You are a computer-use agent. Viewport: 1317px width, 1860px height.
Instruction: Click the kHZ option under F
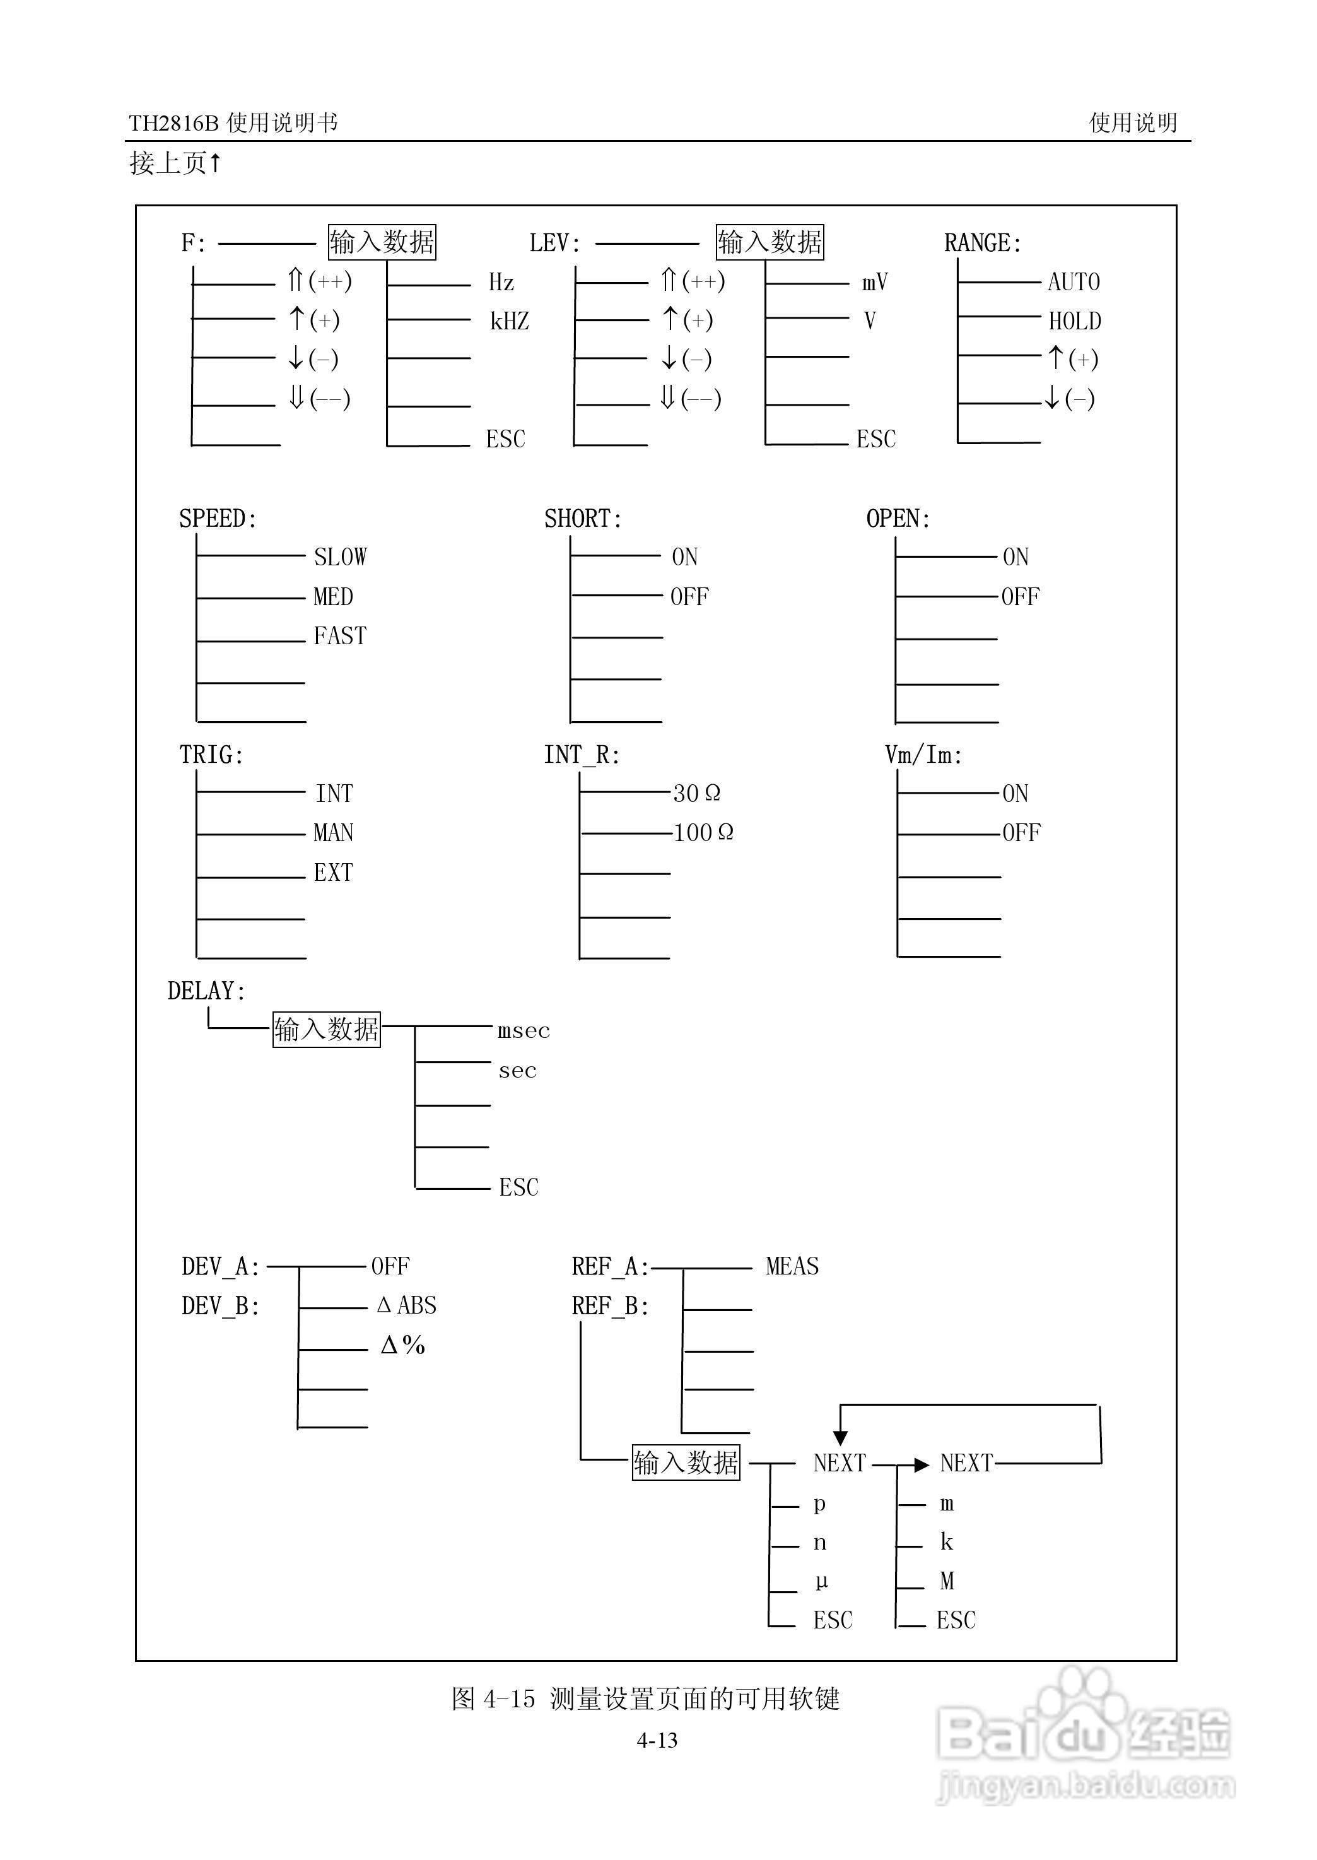pos(509,321)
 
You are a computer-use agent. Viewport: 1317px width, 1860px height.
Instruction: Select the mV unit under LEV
pos(874,282)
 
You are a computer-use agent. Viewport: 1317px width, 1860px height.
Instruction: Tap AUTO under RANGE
pos(1073,282)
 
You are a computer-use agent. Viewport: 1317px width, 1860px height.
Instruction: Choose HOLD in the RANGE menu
pos(1075,321)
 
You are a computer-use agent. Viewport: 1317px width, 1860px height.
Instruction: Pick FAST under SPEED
pos(340,636)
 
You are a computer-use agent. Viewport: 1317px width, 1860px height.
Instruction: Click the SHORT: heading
pos(582,519)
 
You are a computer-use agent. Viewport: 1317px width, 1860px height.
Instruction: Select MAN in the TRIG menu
pos(333,833)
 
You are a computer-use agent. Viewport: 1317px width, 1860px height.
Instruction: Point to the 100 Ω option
pos(703,833)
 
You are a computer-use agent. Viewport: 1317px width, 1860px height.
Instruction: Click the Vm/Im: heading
pos(923,755)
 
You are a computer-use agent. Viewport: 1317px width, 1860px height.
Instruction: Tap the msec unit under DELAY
pos(523,1031)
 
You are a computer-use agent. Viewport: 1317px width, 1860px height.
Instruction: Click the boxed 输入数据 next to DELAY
pos(326,1029)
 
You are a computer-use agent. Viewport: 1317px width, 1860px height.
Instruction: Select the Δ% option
pos(403,1346)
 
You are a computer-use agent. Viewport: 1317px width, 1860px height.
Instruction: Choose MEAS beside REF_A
pos(792,1266)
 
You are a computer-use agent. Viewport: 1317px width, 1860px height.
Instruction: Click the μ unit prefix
pos(821,1581)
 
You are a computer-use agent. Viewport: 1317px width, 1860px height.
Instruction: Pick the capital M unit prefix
pos(946,1581)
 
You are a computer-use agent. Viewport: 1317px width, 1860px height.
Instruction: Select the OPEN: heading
pos(898,519)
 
